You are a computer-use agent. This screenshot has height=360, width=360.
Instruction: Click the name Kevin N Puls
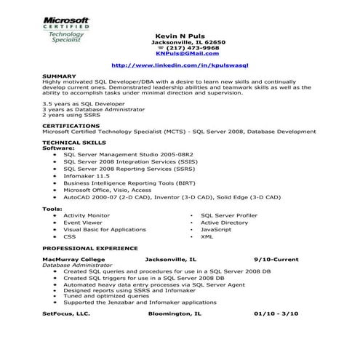tap(180, 36)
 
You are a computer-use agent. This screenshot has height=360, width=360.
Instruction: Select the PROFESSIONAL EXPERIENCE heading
tap(89, 249)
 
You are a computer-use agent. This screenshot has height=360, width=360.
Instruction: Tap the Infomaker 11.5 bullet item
tap(87, 175)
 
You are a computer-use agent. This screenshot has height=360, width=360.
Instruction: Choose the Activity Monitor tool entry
tap(87, 216)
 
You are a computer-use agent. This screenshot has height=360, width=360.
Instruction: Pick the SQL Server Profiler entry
tap(229, 216)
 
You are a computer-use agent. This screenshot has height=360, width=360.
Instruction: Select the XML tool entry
tap(207, 237)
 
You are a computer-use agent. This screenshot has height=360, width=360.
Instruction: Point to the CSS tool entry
tap(69, 237)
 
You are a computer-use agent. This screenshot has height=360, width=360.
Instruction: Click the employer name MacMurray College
tap(76, 259)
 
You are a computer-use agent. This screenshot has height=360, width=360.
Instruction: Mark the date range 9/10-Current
tap(276, 259)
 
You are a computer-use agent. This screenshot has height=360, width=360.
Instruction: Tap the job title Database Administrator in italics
tap(77, 265)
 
